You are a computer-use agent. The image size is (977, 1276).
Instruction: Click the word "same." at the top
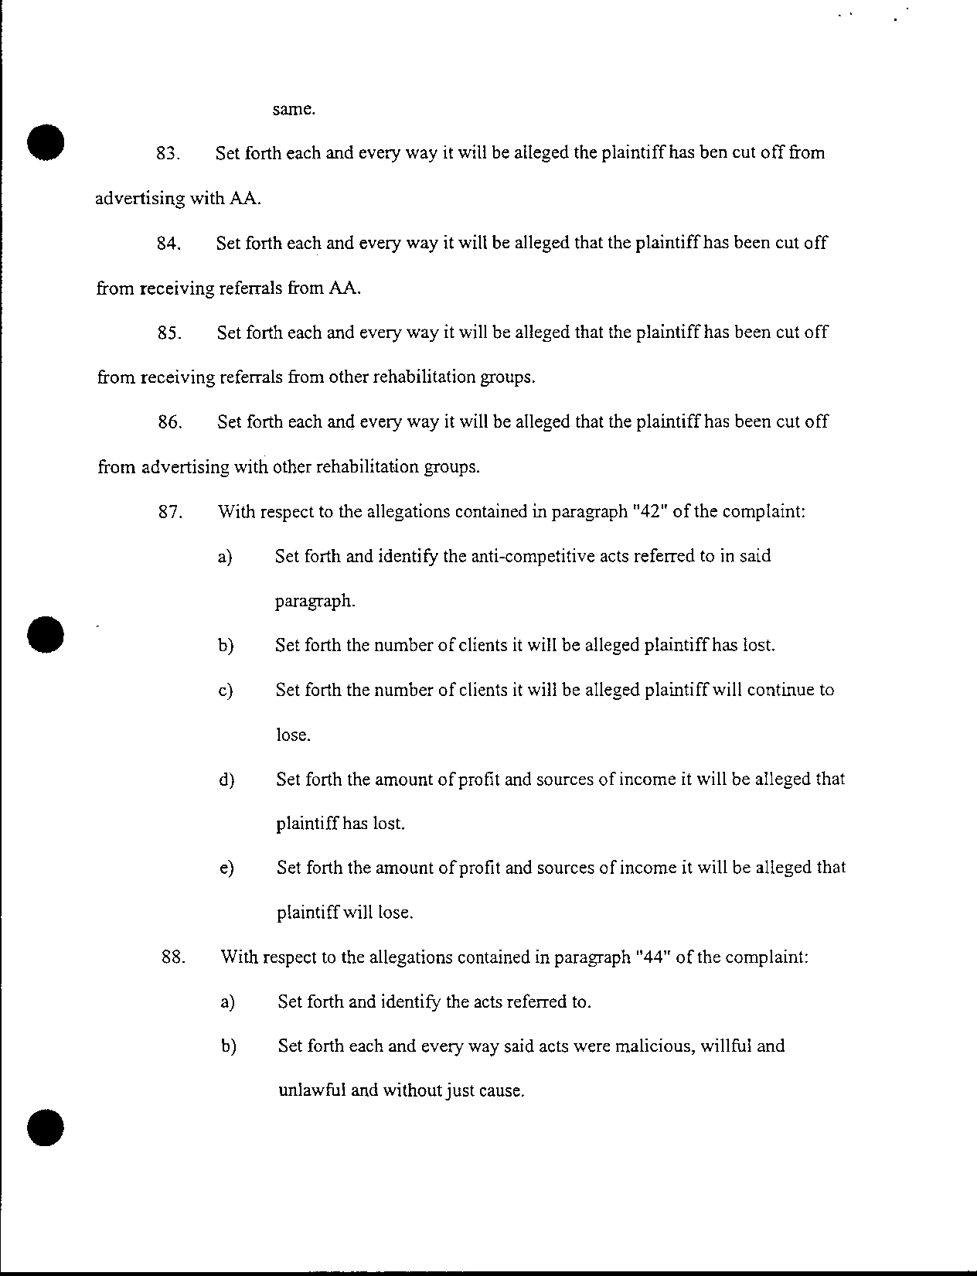tap(294, 110)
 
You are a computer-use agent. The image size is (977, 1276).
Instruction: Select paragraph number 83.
tap(168, 153)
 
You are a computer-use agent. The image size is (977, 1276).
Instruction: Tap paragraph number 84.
tap(168, 244)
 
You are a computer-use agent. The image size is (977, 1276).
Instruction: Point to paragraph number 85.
tap(169, 333)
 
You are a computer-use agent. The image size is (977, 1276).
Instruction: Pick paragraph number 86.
tap(169, 422)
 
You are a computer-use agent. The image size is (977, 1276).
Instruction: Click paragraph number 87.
tap(169, 512)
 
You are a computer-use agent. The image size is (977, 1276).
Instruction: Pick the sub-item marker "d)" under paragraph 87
tap(226, 780)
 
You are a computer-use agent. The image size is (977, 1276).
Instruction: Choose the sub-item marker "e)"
tap(226, 868)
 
